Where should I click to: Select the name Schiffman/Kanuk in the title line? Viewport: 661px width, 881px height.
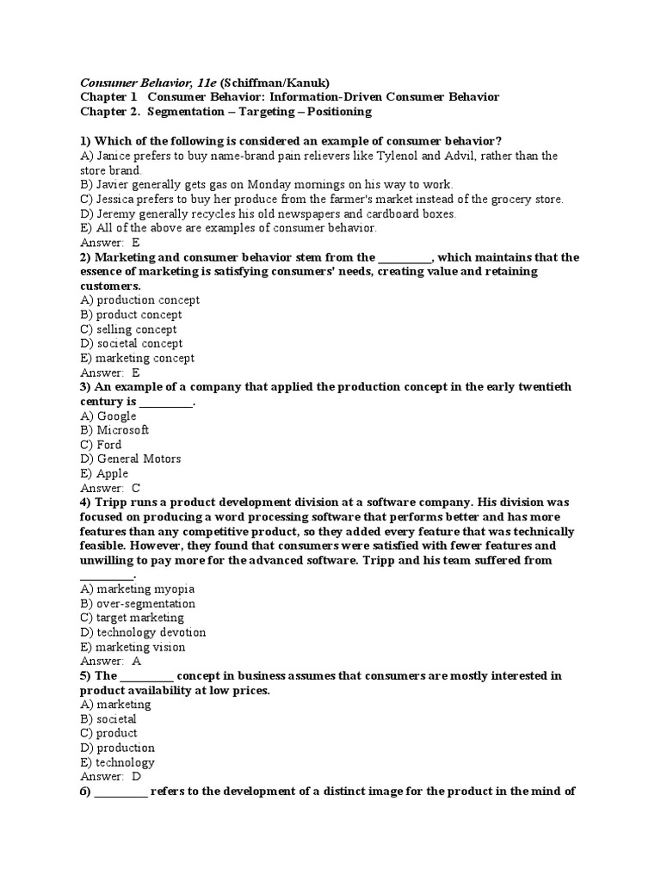click(275, 83)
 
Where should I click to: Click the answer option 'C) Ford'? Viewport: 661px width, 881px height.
click(101, 445)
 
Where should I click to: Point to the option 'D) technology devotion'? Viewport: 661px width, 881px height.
click(143, 632)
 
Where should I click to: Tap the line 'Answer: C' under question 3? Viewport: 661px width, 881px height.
click(110, 488)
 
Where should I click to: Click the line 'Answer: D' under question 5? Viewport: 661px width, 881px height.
click(110, 776)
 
